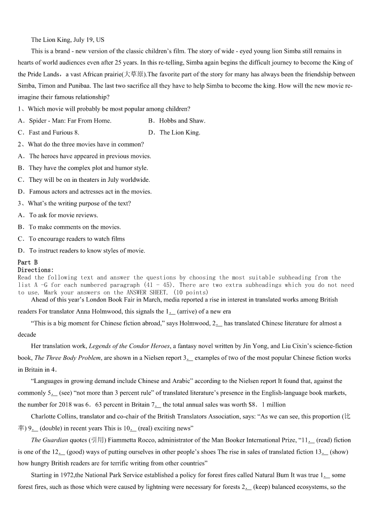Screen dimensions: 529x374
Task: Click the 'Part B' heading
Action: (x=27, y=262)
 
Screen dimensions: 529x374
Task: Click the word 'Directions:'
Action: (x=36, y=270)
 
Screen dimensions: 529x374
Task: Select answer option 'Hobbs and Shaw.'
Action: (x=182, y=121)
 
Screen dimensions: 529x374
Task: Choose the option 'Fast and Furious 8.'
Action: (x=54, y=132)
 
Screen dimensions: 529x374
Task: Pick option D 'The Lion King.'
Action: (x=179, y=132)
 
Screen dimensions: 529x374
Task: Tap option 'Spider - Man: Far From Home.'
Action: (x=70, y=121)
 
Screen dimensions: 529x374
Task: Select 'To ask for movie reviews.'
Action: (x=64, y=215)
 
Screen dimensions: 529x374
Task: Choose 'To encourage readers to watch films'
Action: (x=77, y=239)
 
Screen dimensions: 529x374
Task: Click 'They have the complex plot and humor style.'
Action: (x=88, y=168)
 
